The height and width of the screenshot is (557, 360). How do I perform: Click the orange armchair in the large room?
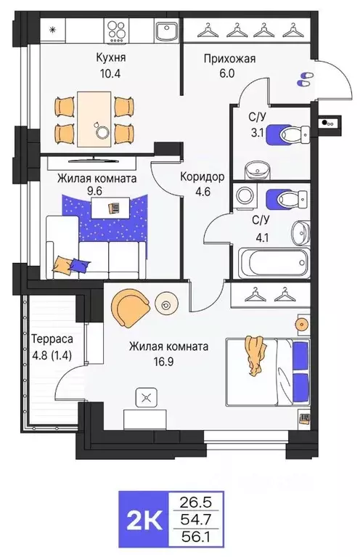pyautogui.click(x=130, y=306)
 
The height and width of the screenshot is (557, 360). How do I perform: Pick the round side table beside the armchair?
pyautogui.click(x=168, y=305)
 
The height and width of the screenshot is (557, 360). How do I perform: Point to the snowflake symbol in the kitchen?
pyautogui.click(x=52, y=29)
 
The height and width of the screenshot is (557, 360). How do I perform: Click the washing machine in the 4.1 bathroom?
pyautogui.click(x=245, y=197)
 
